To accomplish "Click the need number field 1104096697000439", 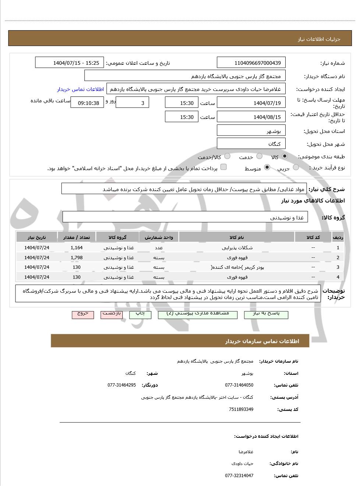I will (251, 63).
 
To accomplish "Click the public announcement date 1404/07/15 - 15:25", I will (70, 63).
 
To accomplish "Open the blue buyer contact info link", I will (80, 89).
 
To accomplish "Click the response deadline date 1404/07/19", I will (251, 103).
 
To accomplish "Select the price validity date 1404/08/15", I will (251, 117).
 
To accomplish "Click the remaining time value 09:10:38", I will (87, 103).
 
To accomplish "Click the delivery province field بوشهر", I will (251, 131).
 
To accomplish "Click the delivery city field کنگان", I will (251, 144).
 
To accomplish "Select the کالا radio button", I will (285, 156).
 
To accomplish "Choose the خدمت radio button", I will (259, 156).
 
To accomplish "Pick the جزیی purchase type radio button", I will (296, 168).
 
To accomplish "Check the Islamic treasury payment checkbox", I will (223, 167).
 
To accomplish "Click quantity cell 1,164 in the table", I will (77, 248).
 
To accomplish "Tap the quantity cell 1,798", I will (77, 258).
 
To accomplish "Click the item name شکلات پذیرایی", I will (237, 248).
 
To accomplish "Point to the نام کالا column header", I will (237, 237).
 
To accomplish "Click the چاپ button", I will (140, 314).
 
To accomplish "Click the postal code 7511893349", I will (241, 409).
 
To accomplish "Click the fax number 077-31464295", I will (121, 385).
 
